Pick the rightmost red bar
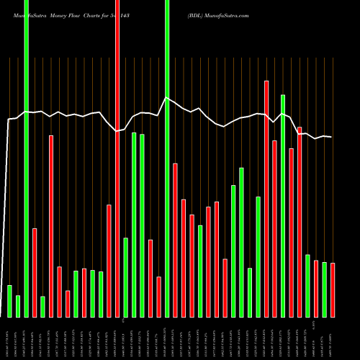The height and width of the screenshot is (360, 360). point(333,290)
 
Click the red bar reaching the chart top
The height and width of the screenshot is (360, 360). point(117,158)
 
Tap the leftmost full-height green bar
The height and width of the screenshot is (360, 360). point(27,158)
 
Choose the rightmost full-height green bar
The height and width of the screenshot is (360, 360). point(167,158)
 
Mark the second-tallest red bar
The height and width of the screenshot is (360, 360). point(266,199)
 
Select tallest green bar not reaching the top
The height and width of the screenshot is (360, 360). point(283,206)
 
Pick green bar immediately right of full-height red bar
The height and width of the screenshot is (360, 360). point(126,277)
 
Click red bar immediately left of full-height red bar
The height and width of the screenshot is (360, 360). point(109,261)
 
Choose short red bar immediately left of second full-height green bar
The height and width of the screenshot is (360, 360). point(158,297)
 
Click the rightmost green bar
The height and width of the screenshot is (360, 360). point(324,289)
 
